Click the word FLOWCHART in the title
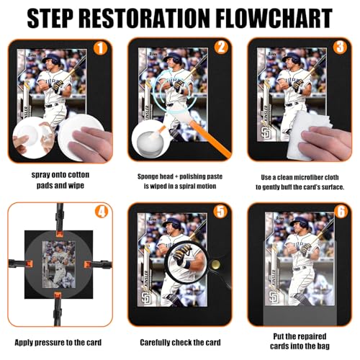pos(274,18)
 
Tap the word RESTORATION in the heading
pos(142,18)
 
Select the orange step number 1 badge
pos(100,48)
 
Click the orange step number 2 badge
pos(221,47)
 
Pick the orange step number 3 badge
pos(340,47)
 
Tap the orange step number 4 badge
pos(102,212)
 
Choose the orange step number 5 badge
pos(220,212)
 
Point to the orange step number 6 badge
pos(341,212)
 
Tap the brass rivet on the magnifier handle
pos(215,264)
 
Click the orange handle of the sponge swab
pos(210,139)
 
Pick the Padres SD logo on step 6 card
pos(274,297)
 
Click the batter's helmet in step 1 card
pos(52,59)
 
